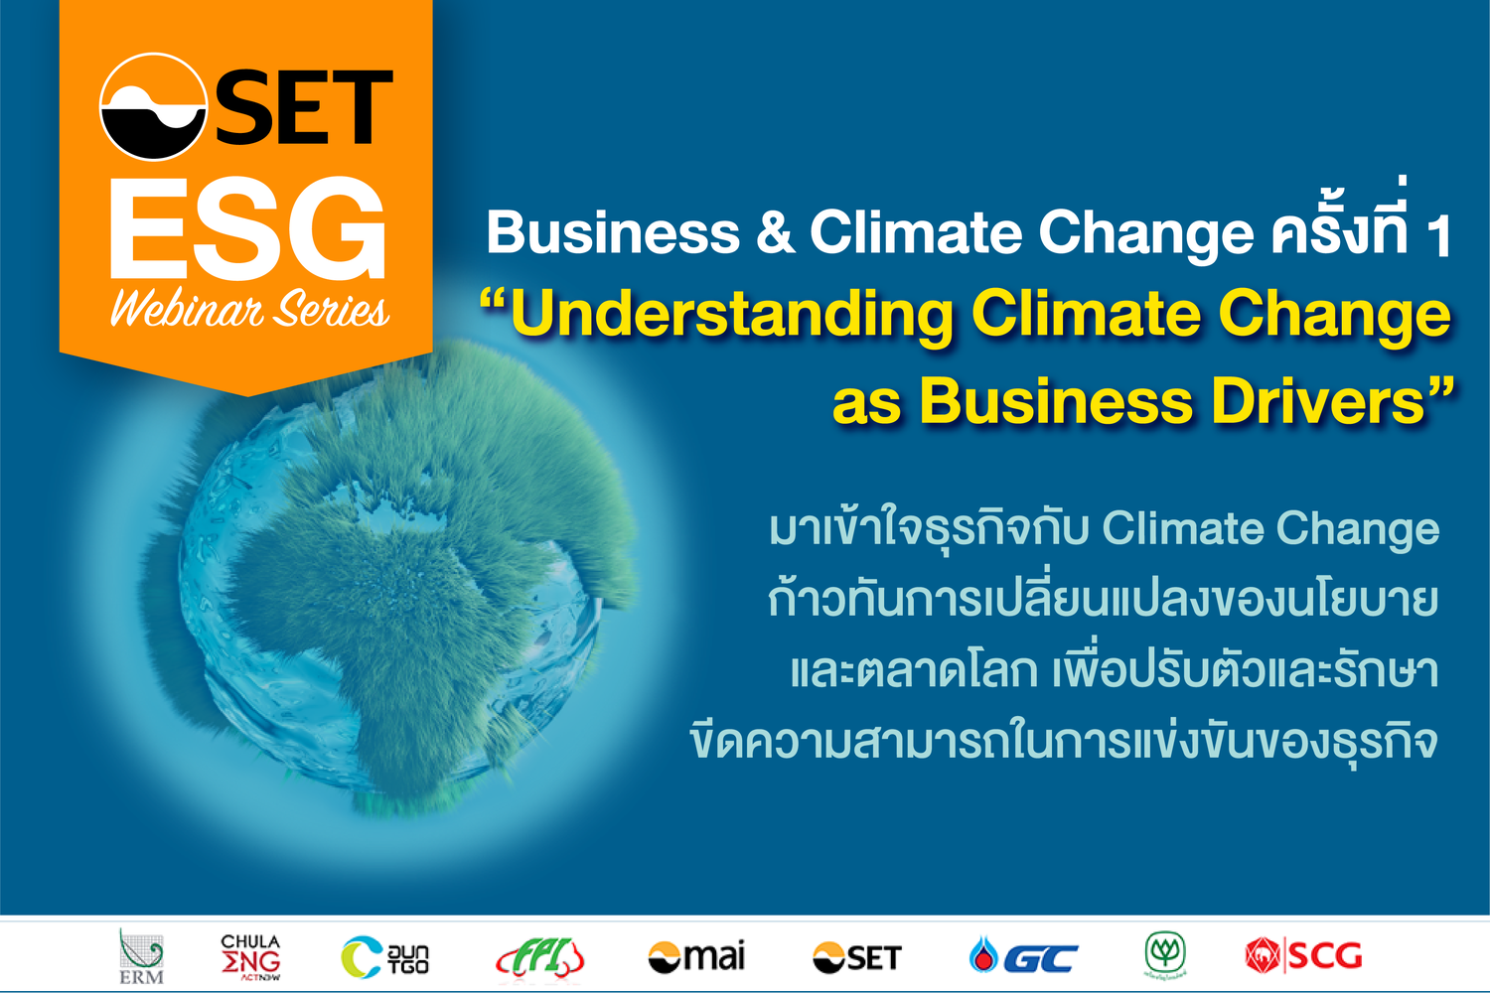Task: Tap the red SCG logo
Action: coord(1303,956)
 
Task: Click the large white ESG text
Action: coord(247,230)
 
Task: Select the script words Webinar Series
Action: coord(248,311)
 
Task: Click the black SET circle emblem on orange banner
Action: coord(153,107)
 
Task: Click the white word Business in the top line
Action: coord(613,233)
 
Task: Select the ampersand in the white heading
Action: coord(775,233)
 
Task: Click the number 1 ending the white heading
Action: coord(1437,236)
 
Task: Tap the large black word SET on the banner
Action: coord(304,107)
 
